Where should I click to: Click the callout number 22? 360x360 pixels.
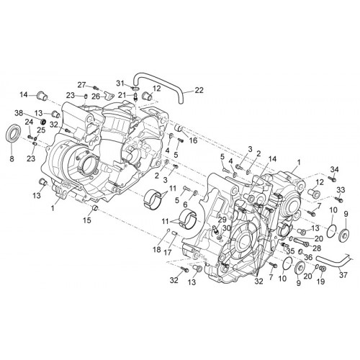pyautogui.click(x=199, y=90)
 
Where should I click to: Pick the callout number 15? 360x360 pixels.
pyautogui.click(x=87, y=220)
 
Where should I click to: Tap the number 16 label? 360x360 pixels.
pyautogui.click(x=193, y=140)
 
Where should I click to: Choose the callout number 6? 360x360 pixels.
pyautogui.click(x=185, y=204)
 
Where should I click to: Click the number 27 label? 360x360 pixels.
pyautogui.click(x=81, y=85)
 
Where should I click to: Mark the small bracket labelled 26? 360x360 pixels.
pyautogui.click(x=108, y=96)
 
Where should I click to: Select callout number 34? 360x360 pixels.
pyautogui.click(x=335, y=170)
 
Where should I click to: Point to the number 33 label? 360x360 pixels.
pyautogui.click(x=341, y=190)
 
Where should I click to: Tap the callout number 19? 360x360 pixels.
pyautogui.click(x=321, y=282)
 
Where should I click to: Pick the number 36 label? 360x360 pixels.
pyautogui.click(x=308, y=258)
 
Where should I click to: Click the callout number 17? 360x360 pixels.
pyautogui.click(x=168, y=252)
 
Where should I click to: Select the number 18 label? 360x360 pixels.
pyautogui.click(x=157, y=250)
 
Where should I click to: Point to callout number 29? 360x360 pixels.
pyautogui.click(x=222, y=219)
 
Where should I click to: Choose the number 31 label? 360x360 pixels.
pyautogui.click(x=121, y=84)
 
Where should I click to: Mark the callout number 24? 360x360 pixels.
pyautogui.click(x=29, y=122)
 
